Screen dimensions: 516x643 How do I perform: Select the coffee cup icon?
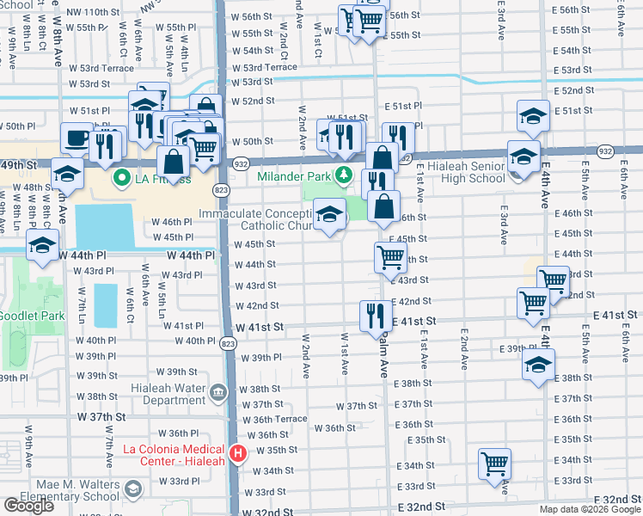point(76,138)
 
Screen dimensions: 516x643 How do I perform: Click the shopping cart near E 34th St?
point(495,464)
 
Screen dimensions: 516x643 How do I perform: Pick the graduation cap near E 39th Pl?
point(538,364)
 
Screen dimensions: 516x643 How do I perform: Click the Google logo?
point(28,506)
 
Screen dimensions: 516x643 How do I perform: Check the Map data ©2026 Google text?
point(589,509)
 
